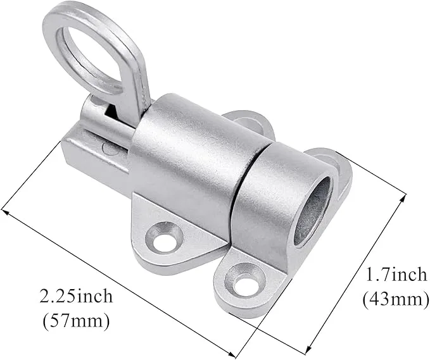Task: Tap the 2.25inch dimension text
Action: point(76,297)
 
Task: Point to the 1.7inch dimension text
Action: point(396,274)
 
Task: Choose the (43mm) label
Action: point(396,299)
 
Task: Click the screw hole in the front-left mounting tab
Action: point(164,237)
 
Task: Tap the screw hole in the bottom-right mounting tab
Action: point(244,280)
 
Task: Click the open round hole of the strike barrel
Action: point(312,211)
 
